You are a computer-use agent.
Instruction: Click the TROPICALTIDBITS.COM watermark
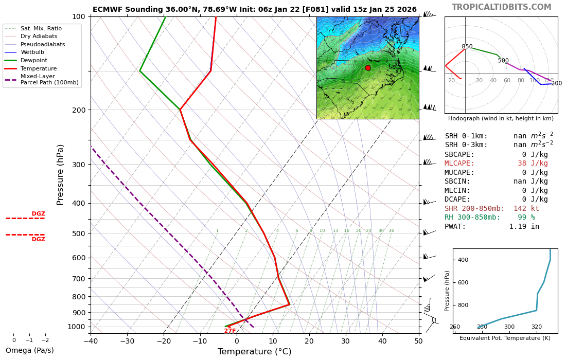[x=501, y=7]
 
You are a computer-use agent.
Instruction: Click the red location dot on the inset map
[x=368, y=68]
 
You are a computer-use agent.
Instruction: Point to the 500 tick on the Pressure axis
[x=79, y=233]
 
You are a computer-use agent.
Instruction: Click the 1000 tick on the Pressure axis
[x=77, y=327]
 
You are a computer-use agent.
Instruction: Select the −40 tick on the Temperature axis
[x=91, y=340]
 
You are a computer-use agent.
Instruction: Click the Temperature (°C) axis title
[x=254, y=352]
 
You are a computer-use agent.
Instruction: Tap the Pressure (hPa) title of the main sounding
[x=61, y=175]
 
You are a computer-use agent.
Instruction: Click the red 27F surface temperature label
[x=230, y=331]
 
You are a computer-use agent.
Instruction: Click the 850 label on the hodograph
[x=467, y=47]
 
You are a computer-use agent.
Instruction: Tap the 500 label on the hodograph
[x=503, y=61]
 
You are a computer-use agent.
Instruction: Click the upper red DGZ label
[x=39, y=214]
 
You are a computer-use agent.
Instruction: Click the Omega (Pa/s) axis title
[x=30, y=351]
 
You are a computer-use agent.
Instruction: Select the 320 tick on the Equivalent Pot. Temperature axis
[x=537, y=327]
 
